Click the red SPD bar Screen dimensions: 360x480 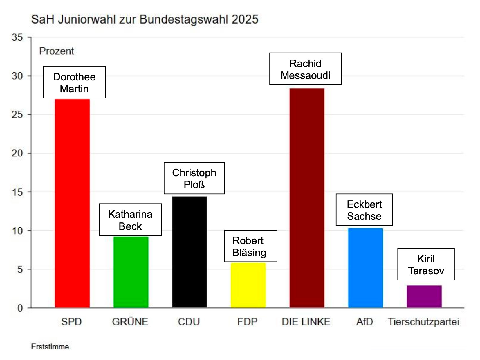[x=72, y=203]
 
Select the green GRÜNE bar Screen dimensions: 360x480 [x=131, y=272]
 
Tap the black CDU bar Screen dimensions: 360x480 [x=190, y=252]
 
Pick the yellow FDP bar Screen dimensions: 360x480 [x=248, y=285]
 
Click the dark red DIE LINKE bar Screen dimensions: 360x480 [x=307, y=198]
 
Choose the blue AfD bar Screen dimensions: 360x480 [x=365, y=268]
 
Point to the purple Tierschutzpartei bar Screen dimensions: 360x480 [x=424, y=296]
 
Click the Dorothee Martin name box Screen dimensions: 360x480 [x=74, y=82]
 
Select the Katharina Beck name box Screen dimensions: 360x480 [x=130, y=220]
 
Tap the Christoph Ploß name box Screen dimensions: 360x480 [x=194, y=178]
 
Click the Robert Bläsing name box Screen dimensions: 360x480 [x=251, y=246]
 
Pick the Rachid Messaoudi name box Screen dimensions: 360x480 [x=305, y=69]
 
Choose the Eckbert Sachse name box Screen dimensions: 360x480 [x=364, y=210]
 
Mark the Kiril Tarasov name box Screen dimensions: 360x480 [x=426, y=264]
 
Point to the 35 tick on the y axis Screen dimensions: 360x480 [x=17, y=37]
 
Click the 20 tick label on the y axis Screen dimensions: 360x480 [x=17, y=153]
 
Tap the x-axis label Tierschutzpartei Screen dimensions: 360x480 [x=423, y=322]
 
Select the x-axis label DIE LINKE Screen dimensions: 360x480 [x=306, y=322]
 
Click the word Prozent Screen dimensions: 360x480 [x=57, y=51]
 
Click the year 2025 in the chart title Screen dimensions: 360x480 [x=245, y=19]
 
